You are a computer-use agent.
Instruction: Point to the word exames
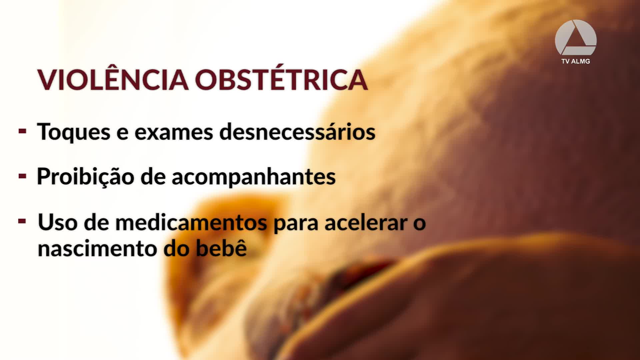tap(174, 132)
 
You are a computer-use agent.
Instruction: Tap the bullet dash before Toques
tap(22, 131)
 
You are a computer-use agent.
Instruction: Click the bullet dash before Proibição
tap(22, 176)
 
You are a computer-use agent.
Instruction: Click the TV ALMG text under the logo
tap(576, 61)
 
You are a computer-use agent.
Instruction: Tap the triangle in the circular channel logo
tap(576, 38)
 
